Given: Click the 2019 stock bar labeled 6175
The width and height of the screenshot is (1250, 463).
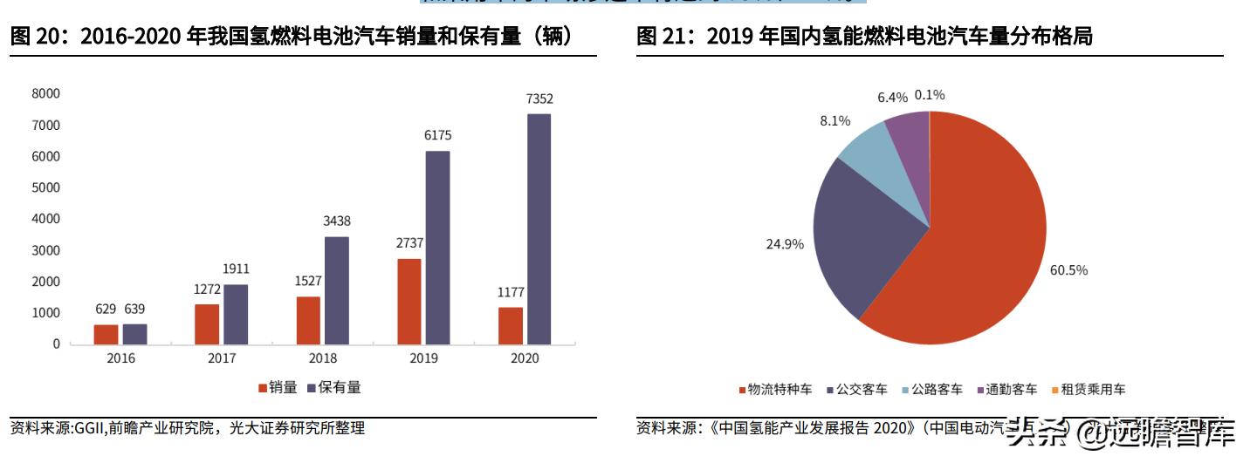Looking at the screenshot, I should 437,248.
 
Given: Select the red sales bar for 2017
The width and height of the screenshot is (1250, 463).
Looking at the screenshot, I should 207,323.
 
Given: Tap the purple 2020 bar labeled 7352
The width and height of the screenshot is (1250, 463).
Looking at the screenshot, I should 539,228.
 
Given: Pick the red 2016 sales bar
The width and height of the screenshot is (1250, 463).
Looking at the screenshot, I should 106,334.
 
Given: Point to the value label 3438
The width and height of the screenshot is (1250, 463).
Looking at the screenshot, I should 337,221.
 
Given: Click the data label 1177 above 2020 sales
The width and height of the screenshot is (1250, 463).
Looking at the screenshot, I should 511,292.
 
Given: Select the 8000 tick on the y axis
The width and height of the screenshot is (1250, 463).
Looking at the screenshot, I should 45,93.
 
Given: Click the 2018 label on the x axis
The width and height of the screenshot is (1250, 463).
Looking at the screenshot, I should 323,358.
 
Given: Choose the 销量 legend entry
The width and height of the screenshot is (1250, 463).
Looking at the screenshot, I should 278,387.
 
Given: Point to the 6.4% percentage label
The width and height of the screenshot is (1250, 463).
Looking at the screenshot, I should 893,96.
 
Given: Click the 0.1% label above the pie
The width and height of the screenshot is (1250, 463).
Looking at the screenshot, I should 930,94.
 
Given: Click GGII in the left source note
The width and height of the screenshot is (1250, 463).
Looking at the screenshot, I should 90,428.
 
